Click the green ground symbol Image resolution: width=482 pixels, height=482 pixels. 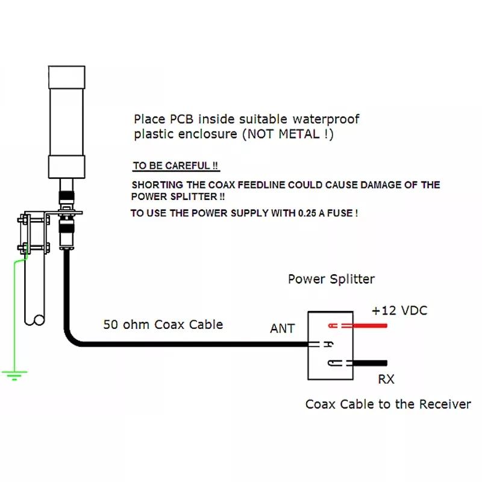click(14, 375)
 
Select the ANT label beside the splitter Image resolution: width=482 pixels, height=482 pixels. click(283, 328)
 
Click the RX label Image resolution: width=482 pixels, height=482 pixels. click(386, 379)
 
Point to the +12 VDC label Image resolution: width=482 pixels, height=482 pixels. click(399, 310)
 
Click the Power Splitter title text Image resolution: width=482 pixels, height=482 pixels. click(331, 279)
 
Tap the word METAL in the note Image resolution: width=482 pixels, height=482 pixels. click(299, 134)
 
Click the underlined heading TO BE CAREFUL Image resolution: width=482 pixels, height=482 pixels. click(175, 166)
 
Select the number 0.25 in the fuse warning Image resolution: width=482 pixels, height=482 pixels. click(307, 213)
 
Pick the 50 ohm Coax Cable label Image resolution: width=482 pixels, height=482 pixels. click(163, 325)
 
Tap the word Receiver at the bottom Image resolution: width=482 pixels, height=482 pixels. click(445, 404)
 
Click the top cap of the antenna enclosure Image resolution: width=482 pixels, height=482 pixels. click(67, 77)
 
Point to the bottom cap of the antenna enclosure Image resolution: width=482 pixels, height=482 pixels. click(67, 167)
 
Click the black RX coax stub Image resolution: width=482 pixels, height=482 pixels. click(369, 363)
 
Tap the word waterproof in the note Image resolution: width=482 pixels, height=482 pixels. click(326, 119)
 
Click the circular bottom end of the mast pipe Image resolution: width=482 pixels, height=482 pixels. click(39, 320)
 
